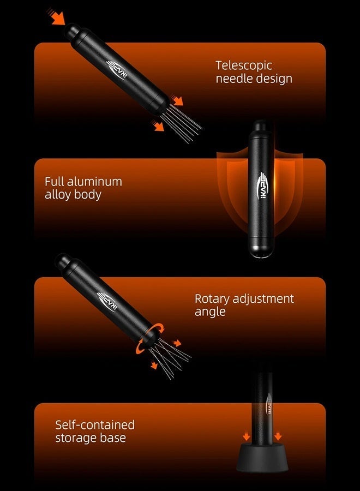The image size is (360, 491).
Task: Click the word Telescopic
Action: click(244, 66)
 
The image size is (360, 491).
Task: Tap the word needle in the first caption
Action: click(233, 78)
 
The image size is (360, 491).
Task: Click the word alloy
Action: click(58, 195)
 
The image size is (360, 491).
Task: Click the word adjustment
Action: click(263, 299)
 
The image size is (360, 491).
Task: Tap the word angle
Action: click(210, 312)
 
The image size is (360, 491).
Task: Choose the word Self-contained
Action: click(95, 425)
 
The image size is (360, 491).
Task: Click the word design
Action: click(273, 78)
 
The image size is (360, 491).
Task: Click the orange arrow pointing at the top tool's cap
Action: click(57, 17)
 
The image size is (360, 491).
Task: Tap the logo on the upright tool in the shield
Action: click(262, 185)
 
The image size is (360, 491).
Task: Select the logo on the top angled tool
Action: click(117, 70)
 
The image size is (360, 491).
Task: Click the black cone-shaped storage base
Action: click(262, 458)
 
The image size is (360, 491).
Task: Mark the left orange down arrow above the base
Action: click(247, 436)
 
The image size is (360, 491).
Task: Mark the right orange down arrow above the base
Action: click(278, 436)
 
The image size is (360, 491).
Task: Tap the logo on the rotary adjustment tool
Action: click(107, 301)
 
